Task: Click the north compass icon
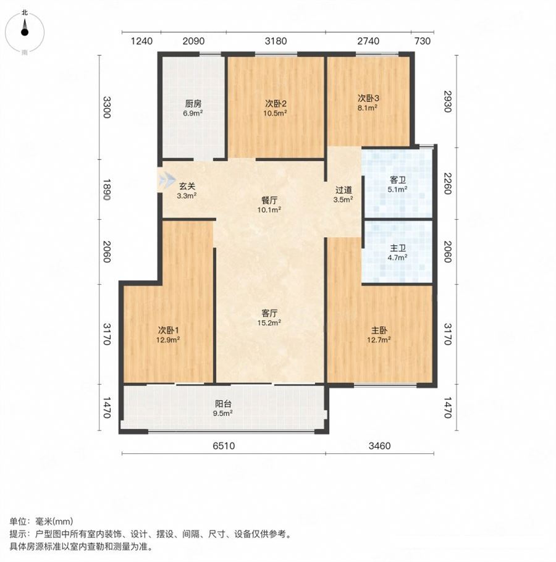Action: [24, 32]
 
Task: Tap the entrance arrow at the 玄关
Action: [167, 179]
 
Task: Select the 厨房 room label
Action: [193, 104]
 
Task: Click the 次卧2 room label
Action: [276, 104]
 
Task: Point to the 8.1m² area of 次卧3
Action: [368, 107]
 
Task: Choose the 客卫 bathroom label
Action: [397, 180]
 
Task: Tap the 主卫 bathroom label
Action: [397, 248]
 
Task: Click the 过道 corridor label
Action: [343, 190]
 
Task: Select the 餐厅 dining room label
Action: [269, 200]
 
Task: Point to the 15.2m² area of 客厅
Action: [269, 322]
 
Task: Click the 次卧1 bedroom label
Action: [168, 330]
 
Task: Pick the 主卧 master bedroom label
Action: [379, 330]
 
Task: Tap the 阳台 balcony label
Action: [223, 404]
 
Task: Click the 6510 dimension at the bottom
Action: [224, 446]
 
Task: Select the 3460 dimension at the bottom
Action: [380, 446]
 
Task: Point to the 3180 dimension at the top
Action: [276, 41]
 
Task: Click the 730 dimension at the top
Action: [423, 41]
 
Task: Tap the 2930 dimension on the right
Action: [447, 101]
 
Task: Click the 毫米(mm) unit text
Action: [54, 521]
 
